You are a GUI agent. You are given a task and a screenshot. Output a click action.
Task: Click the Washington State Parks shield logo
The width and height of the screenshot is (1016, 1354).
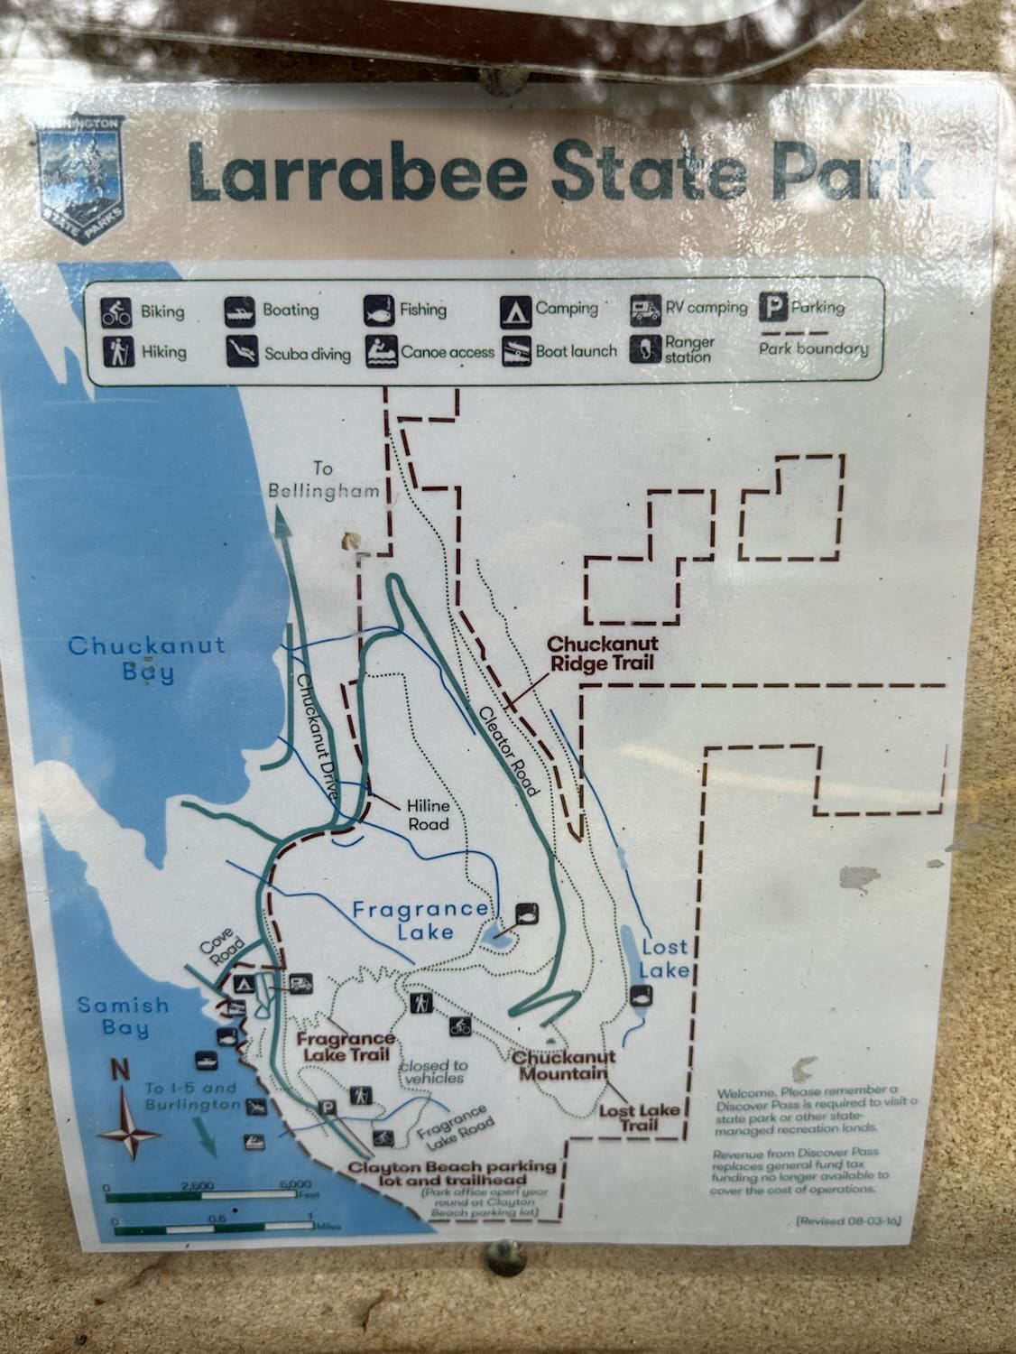pos(81,181)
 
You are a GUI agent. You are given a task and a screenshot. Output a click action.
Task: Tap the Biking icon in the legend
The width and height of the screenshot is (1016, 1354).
pos(116,312)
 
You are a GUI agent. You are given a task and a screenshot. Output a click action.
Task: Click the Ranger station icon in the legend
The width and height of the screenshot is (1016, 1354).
pos(645,349)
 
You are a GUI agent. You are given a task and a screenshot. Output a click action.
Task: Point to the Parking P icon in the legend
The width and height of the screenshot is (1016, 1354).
pos(772,308)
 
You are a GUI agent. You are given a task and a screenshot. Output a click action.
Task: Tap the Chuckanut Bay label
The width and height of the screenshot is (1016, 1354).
pos(146,659)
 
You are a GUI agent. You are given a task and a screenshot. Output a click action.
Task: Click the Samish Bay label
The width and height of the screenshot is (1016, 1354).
pos(123,1015)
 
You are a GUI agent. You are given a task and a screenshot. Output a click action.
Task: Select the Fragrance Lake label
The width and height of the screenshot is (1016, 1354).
pos(421,919)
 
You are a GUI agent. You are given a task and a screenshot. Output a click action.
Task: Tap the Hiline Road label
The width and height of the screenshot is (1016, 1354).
pos(428,813)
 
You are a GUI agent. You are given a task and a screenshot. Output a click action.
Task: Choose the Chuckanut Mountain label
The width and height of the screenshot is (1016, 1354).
pos(565,1065)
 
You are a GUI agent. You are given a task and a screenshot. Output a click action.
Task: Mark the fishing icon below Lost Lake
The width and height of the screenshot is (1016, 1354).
pos(642,997)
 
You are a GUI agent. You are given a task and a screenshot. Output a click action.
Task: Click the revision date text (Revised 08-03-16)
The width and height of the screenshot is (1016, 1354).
pos(848,1221)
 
